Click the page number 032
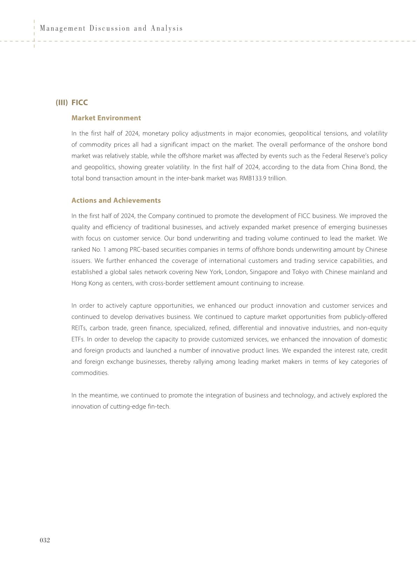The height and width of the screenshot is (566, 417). [45, 540]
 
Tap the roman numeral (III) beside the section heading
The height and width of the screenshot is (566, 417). [62, 103]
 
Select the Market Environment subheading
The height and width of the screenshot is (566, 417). [106, 118]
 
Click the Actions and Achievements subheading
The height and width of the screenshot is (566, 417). [116, 200]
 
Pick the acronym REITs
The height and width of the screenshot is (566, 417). [79, 328]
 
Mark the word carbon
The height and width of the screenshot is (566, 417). [100, 328]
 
